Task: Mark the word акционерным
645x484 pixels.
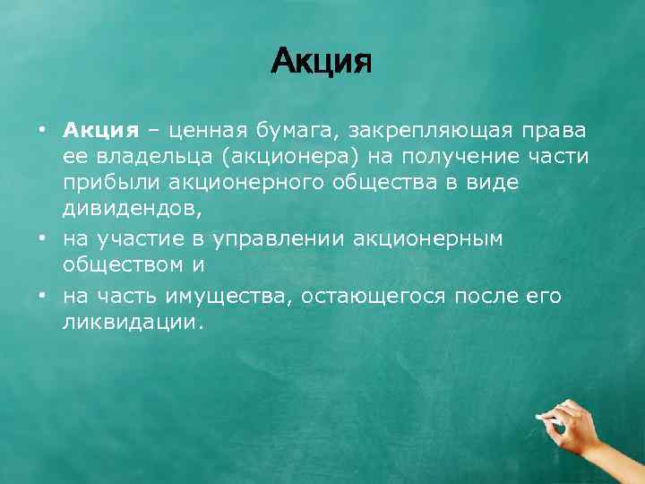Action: click(x=428, y=238)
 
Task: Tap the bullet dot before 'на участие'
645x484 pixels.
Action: click(x=41, y=238)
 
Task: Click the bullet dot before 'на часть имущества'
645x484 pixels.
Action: click(x=41, y=296)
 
